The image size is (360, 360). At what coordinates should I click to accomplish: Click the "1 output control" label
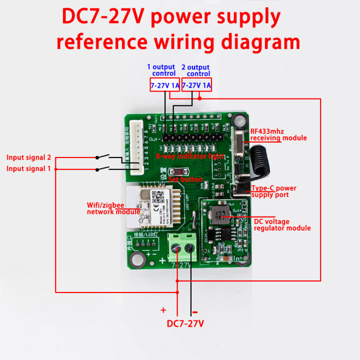pyautogui.click(x=161, y=70)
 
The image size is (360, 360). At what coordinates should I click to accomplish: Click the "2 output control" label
pyautogui.click(x=195, y=70)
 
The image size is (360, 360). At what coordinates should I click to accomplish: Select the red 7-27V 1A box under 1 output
pyautogui.click(x=165, y=85)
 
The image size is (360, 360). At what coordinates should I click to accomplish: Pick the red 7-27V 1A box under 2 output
pyautogui.click(x=196, y=85)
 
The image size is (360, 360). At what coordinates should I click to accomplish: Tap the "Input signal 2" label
pyautogui.click(x=28, y=157)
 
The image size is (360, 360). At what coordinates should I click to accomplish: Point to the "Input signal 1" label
pyautogui.click(x=28, y=168)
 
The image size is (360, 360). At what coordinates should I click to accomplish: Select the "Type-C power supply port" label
pyautogui.click(x=273, y=191)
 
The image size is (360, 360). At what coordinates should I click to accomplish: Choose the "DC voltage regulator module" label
pyautogui.click(x=282, y=224)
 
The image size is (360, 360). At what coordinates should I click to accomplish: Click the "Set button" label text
pyautogui.click(x=185, y=179)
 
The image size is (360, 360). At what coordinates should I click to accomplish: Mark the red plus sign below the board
pyautogui.click(x=163, y=310)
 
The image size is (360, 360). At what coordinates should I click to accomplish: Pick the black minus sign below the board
pyautogui.click(x=194, y=311)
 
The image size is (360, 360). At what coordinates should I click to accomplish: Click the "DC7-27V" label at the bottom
pyautogui.click(x=185, y=323)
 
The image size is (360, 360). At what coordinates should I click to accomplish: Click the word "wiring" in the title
pyautogui.click(x=176, y=41)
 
